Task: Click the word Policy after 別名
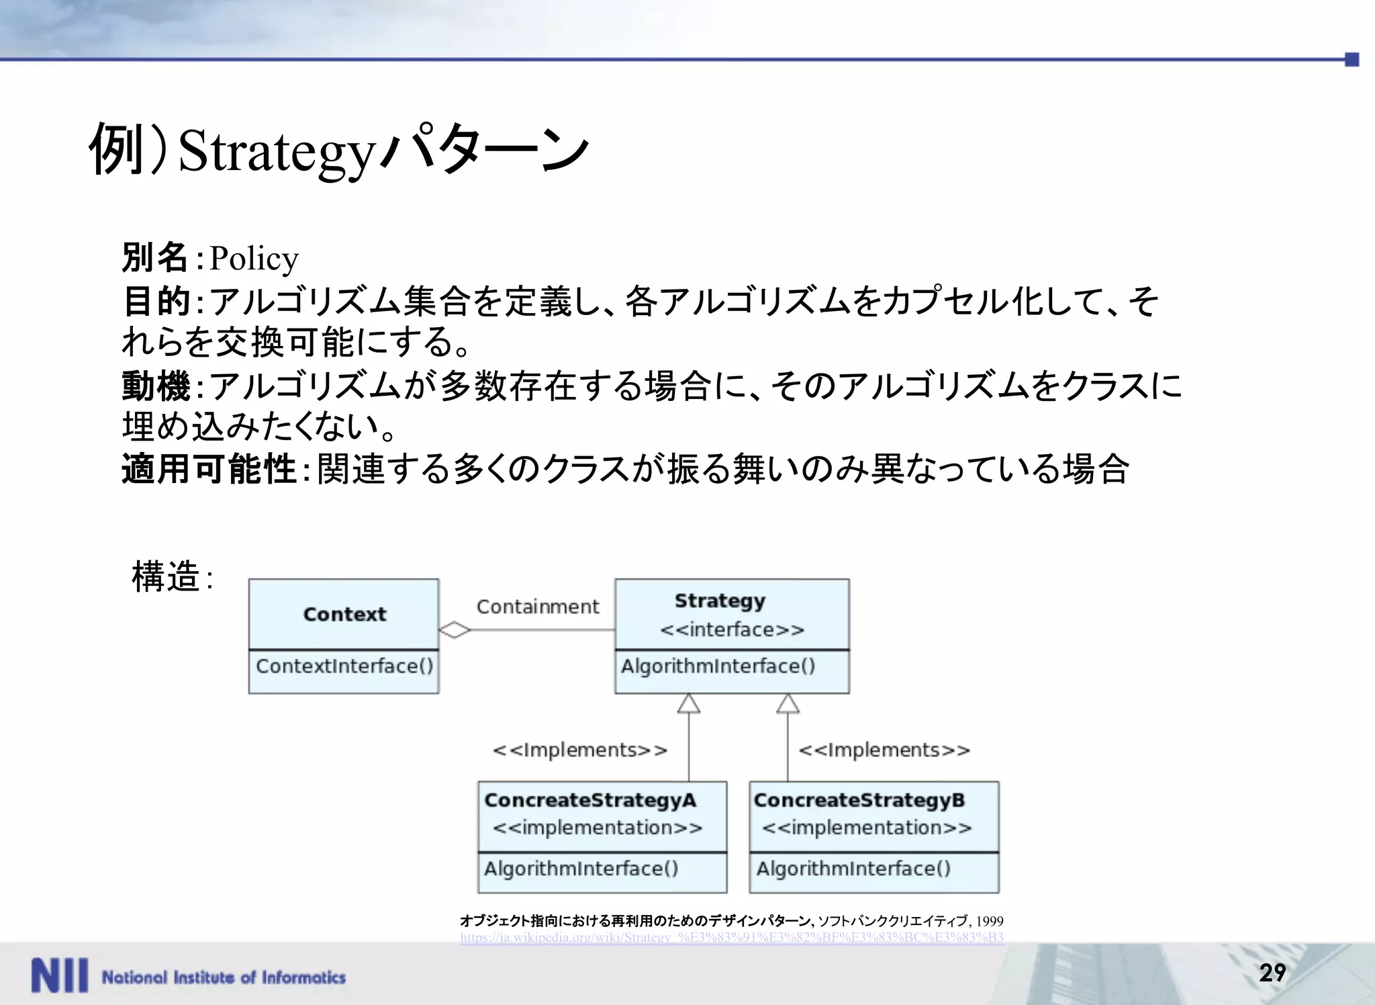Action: tap(253, 259)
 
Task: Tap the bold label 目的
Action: tap(156, 301)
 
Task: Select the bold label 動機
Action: tap(156, 386)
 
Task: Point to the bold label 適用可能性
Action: tap(209, 469)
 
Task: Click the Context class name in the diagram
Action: tap(344, 614)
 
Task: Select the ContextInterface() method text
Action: tap(344, 666)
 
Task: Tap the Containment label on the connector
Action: tap(537, 607)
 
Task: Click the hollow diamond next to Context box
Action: tap(455, 630)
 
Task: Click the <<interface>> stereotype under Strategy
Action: tap(732, 629)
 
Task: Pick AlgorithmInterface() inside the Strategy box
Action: tap(718, 666)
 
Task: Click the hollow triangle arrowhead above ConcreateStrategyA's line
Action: tap(689, 703)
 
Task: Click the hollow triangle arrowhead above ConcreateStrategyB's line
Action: tap(788, 703)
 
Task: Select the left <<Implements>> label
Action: tap(580, 750)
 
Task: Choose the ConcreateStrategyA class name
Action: tap(590, 800)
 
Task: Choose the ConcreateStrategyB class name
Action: tap(859, 800)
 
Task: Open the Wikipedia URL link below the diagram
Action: tap(732, 937)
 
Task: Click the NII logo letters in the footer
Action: tap(59, 976)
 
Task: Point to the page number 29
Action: tap(1272, 973)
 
